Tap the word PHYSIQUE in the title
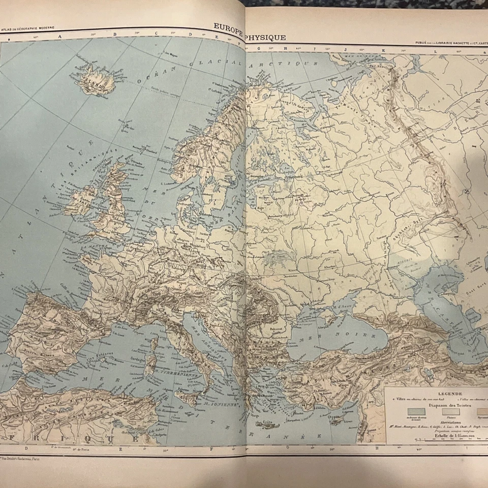pyautogui.click(x=266, y=37)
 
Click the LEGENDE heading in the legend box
pyautogui.click(x=435, y=394)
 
